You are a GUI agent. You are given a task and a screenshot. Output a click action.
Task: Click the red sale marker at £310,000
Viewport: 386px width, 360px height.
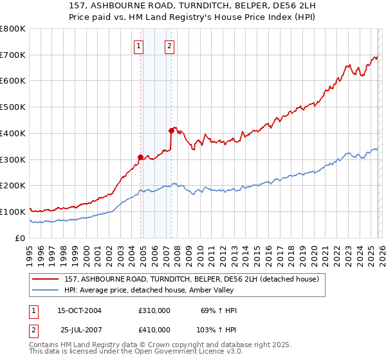tap(140, 156)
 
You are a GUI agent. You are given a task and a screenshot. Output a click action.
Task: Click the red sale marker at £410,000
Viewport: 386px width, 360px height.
tap(171, 130)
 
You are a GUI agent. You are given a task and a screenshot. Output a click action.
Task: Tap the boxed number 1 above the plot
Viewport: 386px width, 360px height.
tap(140, 46)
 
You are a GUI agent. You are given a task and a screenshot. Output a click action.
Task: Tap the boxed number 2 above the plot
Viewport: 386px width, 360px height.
tap(169, 46)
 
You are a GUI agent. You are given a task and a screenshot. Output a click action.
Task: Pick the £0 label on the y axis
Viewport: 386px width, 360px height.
tap(21, 238)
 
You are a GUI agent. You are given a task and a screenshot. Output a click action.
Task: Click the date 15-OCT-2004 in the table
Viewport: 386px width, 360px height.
tap(79, 310)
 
